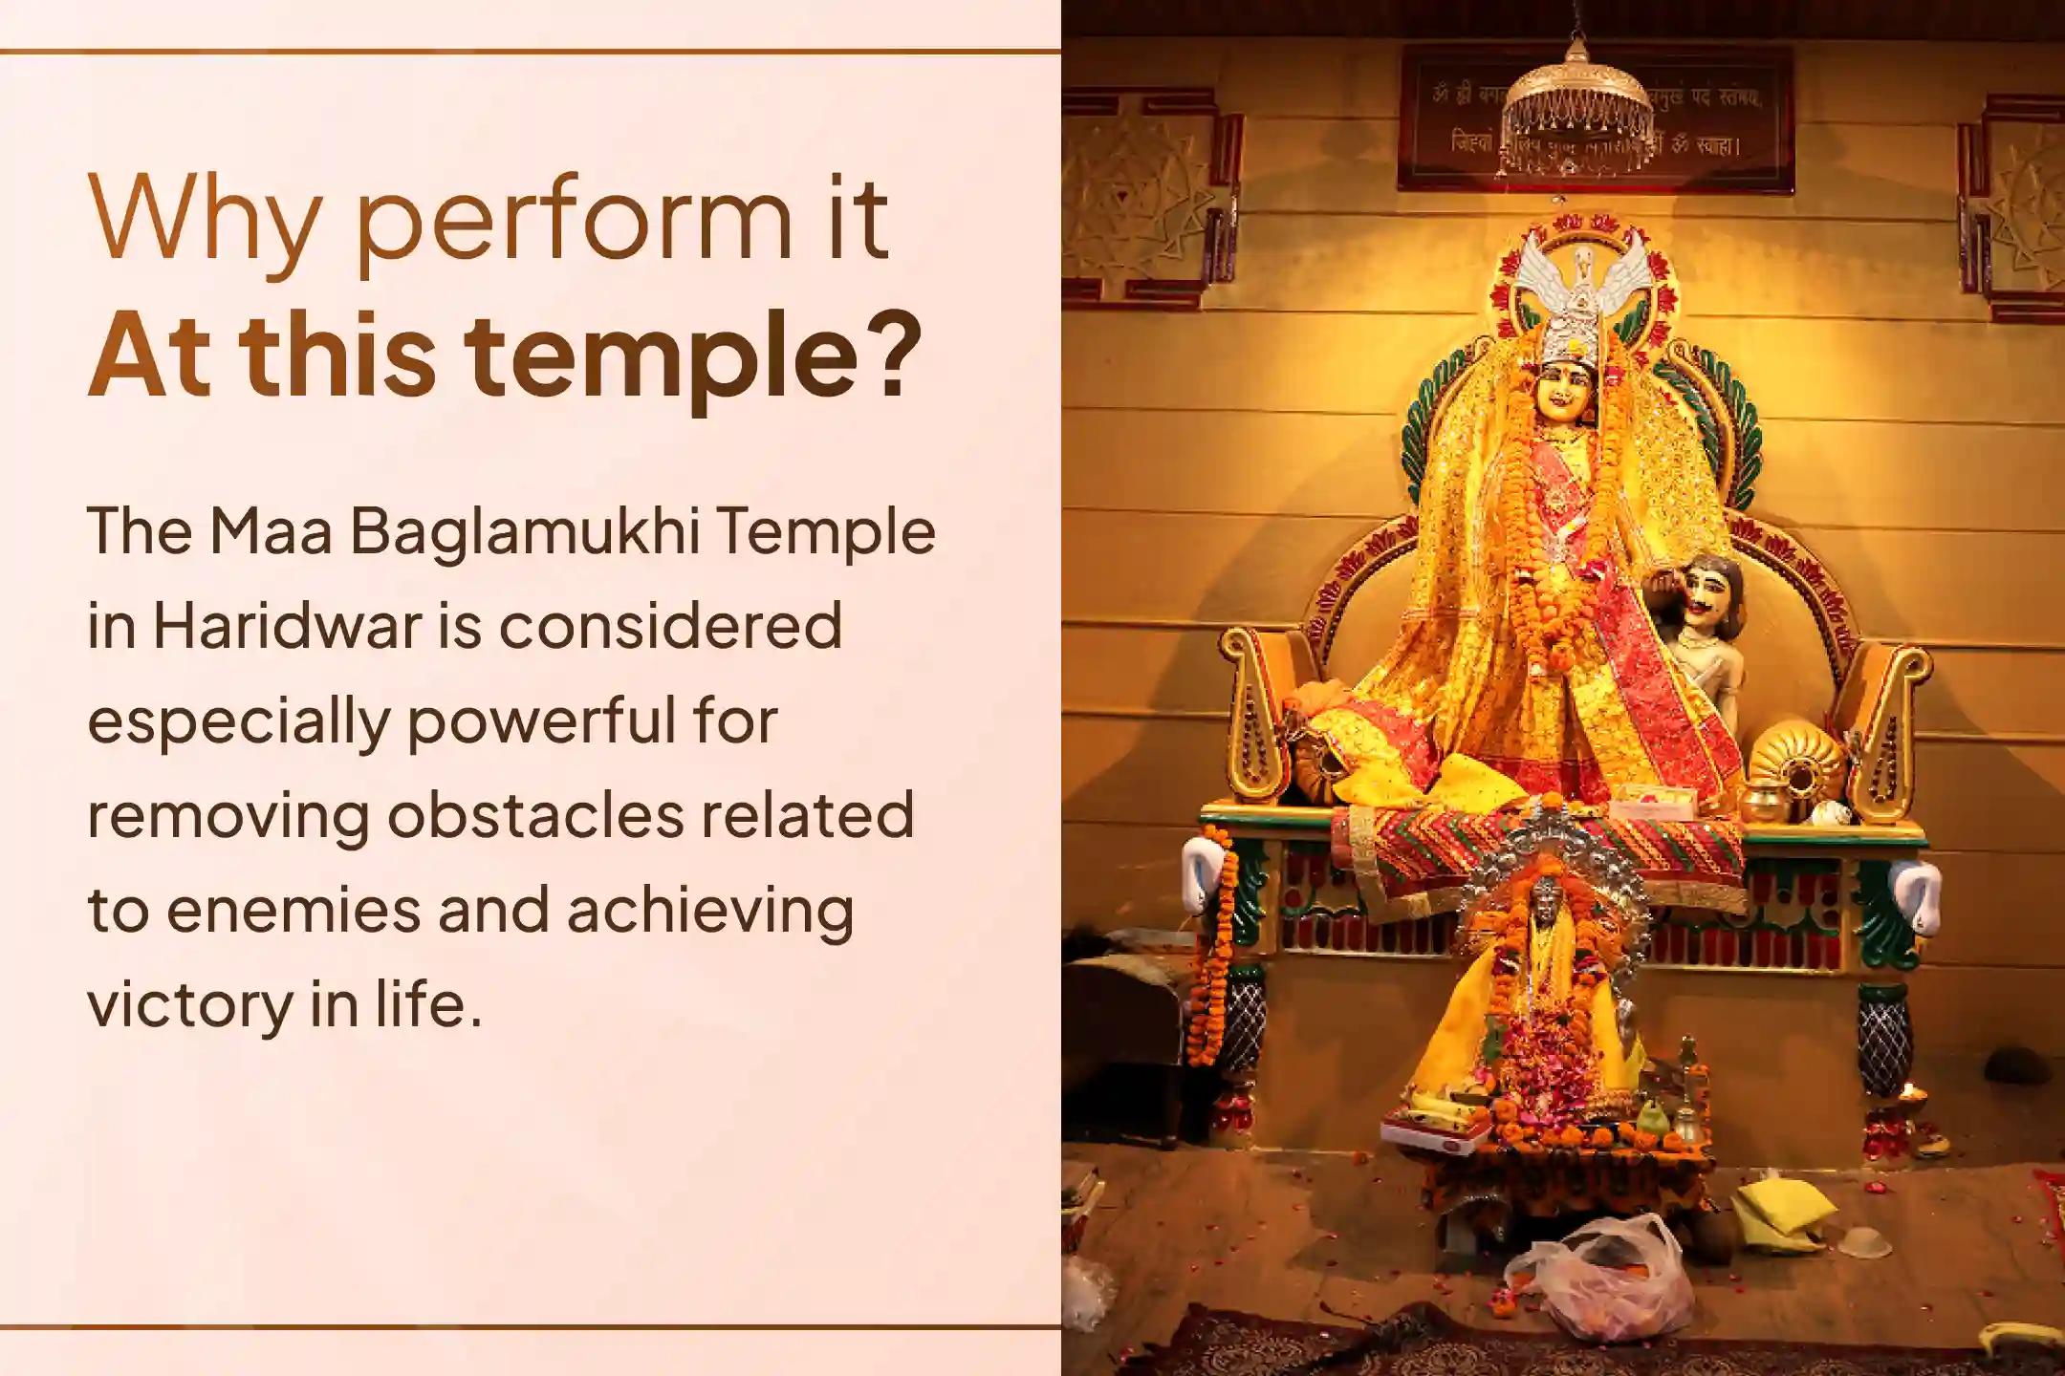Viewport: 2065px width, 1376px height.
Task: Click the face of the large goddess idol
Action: pos(1565,395)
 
